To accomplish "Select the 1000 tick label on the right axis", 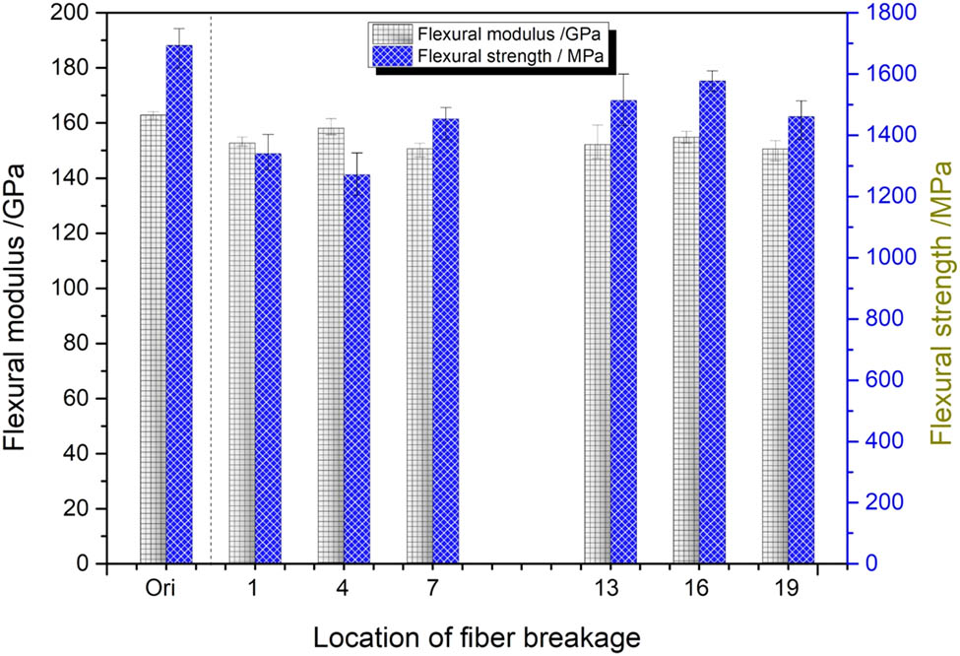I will [x=883, y=258].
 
